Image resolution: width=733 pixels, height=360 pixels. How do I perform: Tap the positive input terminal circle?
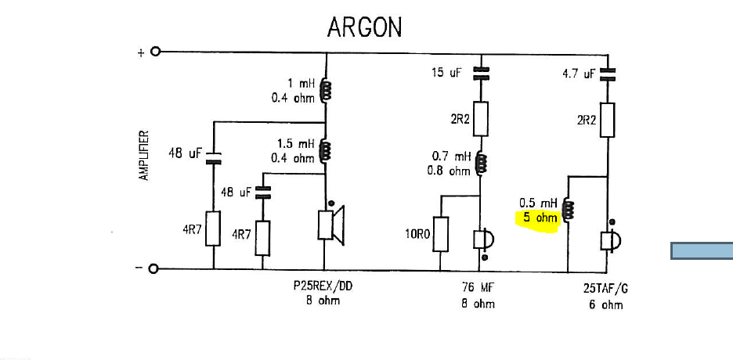[x=155, y=52]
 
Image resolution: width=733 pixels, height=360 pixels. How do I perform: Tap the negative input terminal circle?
[x=154, y=269]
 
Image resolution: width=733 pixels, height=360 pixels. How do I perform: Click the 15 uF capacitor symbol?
[x=482, y=74]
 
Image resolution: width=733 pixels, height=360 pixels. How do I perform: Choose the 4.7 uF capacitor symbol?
[x=608, y=74]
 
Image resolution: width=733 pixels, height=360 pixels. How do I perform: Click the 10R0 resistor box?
[x=442, y=234]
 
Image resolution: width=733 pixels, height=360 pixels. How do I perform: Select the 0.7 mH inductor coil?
[x=482, y=163]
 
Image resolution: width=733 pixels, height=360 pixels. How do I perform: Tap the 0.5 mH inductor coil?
[x=569, y=209]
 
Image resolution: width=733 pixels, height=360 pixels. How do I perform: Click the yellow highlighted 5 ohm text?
[x=539, y=218]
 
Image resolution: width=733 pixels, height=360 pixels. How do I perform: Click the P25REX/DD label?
[x=323, y=287]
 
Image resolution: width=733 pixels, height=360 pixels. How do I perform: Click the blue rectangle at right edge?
[x=702, y=250]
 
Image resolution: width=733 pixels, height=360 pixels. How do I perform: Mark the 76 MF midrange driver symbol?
[x=483, y=240]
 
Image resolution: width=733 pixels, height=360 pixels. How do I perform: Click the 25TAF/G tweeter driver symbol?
[x=610, y=240]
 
